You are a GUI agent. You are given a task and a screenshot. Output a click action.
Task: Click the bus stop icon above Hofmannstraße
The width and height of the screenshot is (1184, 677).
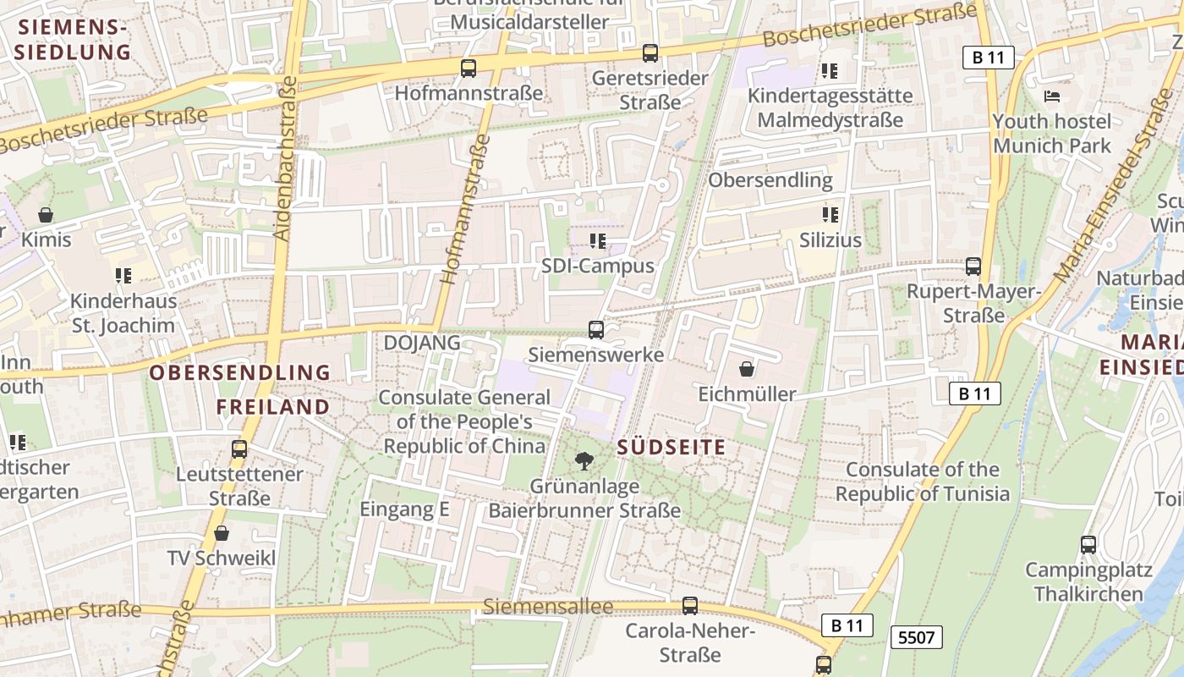coord(468,69)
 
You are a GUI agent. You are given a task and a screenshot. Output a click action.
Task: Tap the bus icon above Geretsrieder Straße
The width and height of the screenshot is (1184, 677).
coord(650,53)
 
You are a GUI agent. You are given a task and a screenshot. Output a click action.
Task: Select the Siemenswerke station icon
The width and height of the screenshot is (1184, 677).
coord(596,329)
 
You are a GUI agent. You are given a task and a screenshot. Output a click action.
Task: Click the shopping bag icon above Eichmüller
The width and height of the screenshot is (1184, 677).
coord(747,369)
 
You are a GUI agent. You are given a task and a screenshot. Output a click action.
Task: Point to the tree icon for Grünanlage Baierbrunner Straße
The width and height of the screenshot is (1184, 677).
coord(584,461)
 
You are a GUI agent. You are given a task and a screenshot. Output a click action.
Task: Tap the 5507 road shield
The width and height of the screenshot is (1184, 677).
coord(916,636)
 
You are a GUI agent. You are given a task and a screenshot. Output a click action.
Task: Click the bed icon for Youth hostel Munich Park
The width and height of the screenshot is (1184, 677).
coord(1052,96)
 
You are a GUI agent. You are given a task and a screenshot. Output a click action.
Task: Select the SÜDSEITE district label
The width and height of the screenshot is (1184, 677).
coord(671,447)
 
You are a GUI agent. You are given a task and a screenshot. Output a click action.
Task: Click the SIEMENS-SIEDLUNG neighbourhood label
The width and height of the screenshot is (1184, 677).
coord(74,39)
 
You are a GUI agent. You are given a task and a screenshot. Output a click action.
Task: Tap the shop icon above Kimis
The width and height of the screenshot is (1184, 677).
coord(46,215)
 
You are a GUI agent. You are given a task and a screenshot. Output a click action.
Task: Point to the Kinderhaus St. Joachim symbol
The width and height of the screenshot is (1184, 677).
coord(123,276)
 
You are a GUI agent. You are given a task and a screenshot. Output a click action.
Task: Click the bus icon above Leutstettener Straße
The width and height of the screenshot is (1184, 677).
coord(239,449)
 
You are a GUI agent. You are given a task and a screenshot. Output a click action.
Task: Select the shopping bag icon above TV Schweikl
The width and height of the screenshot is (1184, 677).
coord(222,533)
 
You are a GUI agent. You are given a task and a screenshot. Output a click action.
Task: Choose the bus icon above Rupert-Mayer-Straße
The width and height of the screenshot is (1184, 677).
coord(973,267)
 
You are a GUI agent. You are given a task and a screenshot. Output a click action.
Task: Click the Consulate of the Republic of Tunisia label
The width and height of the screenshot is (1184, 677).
coord(923,482)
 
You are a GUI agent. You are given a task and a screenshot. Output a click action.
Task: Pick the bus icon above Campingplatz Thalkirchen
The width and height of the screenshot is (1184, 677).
coord(1088,545)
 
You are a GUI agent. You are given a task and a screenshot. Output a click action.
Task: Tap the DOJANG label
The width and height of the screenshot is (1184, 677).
coord(422,343)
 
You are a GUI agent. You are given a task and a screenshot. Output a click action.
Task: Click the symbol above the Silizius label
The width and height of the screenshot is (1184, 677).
coord(830,215)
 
